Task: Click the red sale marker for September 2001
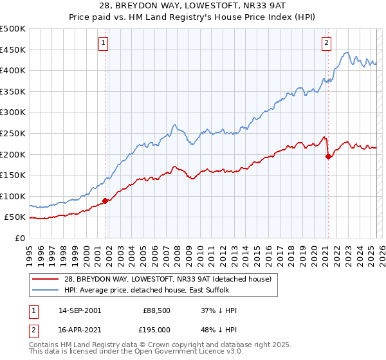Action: pyautogui.click(x=105, y=201)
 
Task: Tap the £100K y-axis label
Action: pyautogui.click(x=14, y=196)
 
